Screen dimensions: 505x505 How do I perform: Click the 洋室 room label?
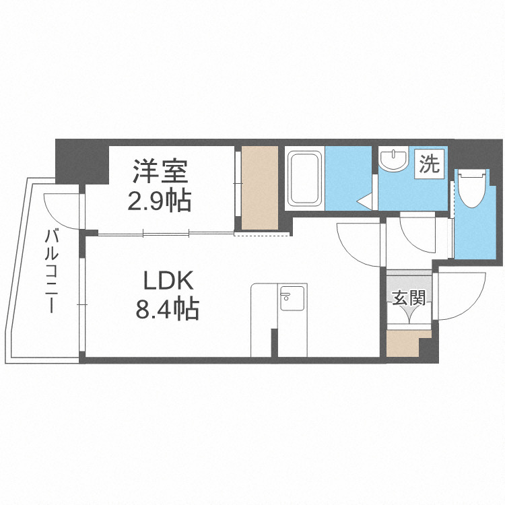pos(160,171)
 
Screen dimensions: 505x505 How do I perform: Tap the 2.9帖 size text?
pos(160,200)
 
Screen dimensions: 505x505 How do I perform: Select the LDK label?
pos(167,280)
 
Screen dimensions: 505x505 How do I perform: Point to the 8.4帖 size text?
pos(167,309)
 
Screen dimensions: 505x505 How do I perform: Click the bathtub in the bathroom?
pos(304,179)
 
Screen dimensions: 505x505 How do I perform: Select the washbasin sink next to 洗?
pos(393,161)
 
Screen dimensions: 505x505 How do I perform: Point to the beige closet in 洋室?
pos(260,187)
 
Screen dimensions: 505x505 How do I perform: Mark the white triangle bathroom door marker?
pos(365,201)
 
